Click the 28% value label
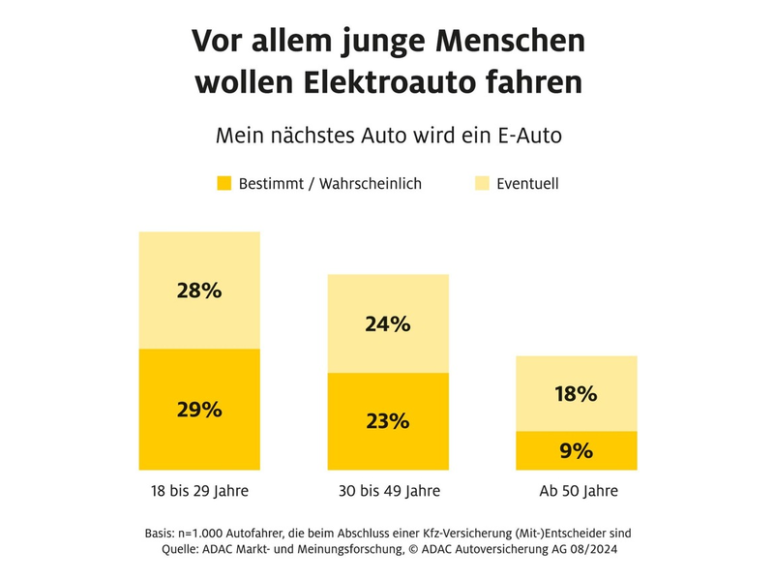[x=199, y=290]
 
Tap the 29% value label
[x=199, y=409]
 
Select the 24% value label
[x=388, y=324]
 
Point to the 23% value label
[x=388, y=421]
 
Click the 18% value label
[x=577, y=394]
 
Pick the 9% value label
[x=577, y=450]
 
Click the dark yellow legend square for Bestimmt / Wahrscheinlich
[x=223, y=183]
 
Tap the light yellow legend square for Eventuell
[x=481, y=183]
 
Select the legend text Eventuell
[x=527, y=183]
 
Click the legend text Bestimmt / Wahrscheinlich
[x=330, y=183]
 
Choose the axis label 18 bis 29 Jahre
[x=199, y=491]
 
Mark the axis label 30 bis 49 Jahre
[x=388, y=491]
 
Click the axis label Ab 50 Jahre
[x=578, y=491]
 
